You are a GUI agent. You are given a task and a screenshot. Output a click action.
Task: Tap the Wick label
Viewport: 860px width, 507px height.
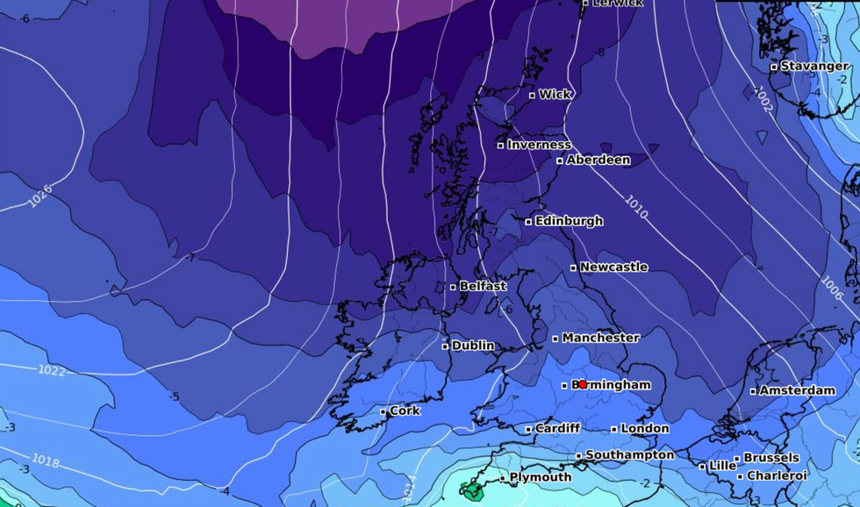point(555,95)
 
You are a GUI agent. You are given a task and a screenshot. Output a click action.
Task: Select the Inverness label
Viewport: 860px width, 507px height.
point(539,145)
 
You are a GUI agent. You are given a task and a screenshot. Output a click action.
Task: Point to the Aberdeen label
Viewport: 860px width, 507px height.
point(598,160)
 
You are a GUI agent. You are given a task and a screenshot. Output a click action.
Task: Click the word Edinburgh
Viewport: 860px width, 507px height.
point(569,221)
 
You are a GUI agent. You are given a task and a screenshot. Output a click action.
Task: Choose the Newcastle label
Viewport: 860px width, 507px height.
point(613,267)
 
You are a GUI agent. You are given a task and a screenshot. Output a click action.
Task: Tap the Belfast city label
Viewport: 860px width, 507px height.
point(483,286)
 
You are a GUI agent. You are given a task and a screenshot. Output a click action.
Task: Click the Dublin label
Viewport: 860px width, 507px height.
point(473,346)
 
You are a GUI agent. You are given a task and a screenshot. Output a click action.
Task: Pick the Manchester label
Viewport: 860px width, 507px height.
point(600,338)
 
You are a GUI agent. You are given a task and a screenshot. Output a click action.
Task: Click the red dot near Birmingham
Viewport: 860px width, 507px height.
point(582,384)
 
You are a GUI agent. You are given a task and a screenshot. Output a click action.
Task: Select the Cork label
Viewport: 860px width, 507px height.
point(405,411)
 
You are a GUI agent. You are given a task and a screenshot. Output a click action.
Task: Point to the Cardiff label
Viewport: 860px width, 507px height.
point(557,429)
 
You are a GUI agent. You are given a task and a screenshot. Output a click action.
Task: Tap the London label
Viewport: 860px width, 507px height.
point(644,429)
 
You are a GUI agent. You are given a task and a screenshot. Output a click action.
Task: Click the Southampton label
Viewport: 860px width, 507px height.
point(629,455)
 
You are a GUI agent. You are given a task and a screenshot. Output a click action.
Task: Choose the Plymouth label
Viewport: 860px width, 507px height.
point(541,478)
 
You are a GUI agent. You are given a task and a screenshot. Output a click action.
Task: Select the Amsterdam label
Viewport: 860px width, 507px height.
point(797,390)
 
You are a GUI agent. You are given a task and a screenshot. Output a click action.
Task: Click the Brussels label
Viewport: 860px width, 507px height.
point(771,458)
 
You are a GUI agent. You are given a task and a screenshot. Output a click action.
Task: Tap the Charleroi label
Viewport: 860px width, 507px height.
point(777,475)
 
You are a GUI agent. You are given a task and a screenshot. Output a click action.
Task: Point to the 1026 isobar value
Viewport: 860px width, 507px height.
point(40,196)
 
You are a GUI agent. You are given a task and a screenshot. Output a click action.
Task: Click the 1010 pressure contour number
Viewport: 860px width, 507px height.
point(637,206)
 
